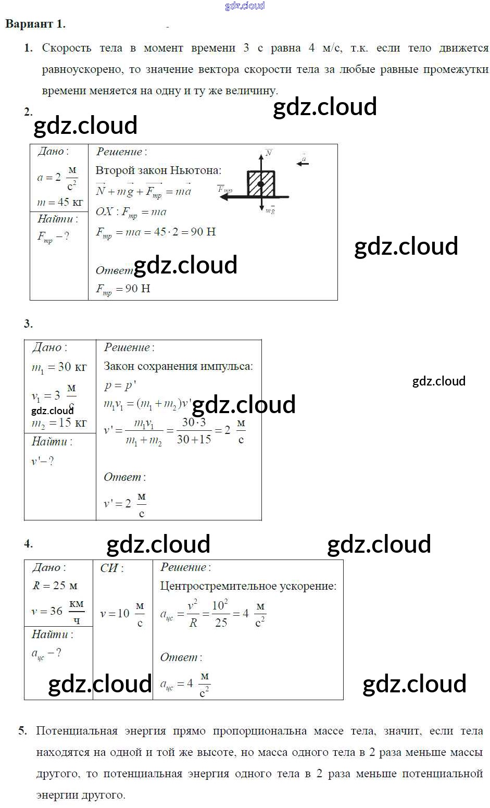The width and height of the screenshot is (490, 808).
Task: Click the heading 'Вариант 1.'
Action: tap(35, 24)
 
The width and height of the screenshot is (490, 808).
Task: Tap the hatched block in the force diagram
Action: tap(261, 183)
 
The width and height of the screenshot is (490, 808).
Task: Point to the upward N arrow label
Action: tap(269, 153)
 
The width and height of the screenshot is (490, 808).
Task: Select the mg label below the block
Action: tap(270, 210)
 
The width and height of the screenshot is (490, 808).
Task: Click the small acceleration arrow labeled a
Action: tap(303, 162)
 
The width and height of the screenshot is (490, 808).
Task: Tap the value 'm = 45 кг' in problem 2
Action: tap(60, 202)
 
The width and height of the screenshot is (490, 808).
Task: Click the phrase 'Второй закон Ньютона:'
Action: tap(158, 170)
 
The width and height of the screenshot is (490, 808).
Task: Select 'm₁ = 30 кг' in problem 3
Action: tap(59, 367)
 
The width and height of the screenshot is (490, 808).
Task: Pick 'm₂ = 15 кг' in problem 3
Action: tap(59, 422)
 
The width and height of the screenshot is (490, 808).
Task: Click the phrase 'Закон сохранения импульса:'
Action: tap(178, 366)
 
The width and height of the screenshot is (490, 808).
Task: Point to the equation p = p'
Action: tap(120, 386)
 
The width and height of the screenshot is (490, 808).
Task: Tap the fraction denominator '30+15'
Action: tap(194, 440)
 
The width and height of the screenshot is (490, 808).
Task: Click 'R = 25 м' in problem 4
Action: tap(55, 586)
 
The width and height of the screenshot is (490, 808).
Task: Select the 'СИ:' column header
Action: tap(111, 568)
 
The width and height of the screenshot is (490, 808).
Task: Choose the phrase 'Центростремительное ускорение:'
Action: tap(248, 586)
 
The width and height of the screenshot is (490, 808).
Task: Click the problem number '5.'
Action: tap(22, 731)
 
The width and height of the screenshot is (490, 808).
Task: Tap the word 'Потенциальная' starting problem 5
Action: tap(77, 731)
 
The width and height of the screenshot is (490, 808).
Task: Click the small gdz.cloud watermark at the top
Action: tap(245, 6)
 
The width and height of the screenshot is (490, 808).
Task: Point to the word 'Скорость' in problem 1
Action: tap(64, 48)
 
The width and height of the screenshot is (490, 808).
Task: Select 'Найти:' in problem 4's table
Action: tap(52, 634)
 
